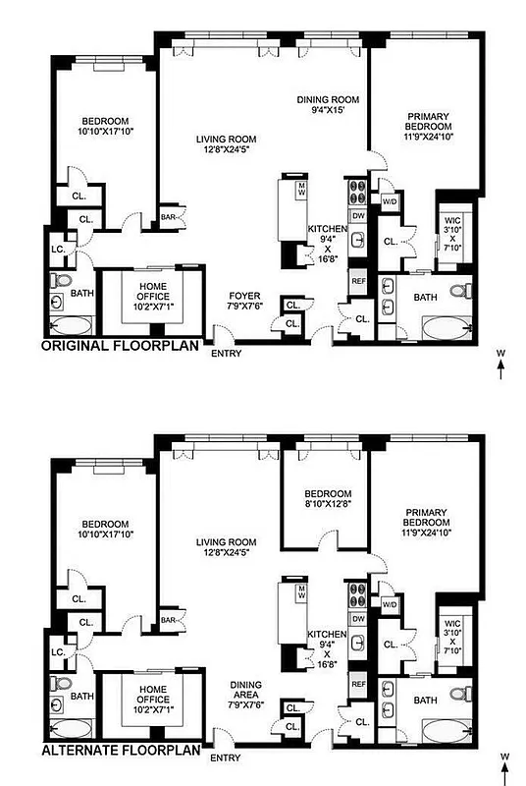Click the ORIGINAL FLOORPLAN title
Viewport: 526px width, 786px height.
(x=120, y=346)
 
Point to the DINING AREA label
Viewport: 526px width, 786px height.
(x=246, y=691)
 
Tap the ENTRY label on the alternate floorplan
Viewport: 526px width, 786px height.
(x=226, y=758)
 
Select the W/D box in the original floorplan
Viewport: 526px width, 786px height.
(x=389, y=201)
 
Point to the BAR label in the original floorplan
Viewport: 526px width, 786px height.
(x=168, y=217)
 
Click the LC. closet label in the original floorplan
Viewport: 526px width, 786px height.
(x=57, y=249)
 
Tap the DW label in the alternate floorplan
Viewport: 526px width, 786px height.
(x=358, y=619)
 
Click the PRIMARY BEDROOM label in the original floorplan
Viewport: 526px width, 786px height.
(x=427, y=127)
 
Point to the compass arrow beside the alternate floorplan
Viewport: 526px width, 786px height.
(x=501, y=767)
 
